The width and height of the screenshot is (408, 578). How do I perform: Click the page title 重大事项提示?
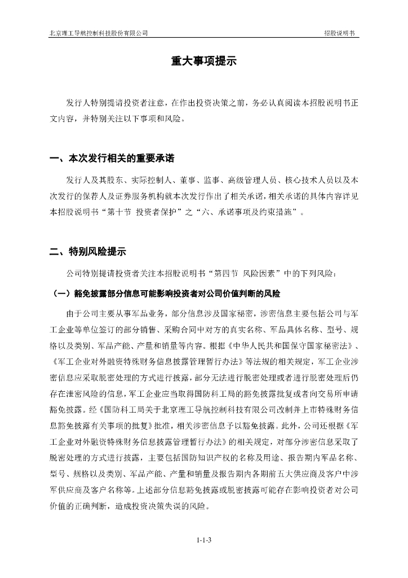[x=203, y=62]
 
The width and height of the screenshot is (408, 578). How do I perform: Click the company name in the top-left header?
[x=99, y=33]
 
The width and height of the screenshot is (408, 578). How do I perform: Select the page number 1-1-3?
[x=203, y=540]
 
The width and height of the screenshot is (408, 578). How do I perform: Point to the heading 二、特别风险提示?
[x=87, y=252]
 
